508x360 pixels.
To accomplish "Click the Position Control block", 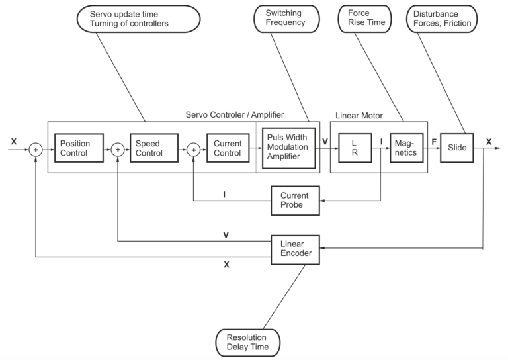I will click(79, 149).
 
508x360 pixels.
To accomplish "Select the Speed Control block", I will click(153, 149).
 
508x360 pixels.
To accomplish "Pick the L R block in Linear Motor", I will click(353, 148).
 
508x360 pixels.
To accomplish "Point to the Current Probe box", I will click(294, 200).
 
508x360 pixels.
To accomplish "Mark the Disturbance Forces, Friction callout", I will click(441, 18).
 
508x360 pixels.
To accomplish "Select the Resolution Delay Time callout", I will click(248, 341).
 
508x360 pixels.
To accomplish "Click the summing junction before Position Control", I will click(36, 150).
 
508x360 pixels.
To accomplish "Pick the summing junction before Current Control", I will click(193, 150).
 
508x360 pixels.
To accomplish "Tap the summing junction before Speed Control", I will click(117, 150).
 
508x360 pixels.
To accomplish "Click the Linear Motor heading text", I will click(359, 116).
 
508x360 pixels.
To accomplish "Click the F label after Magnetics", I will click(433, 141).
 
